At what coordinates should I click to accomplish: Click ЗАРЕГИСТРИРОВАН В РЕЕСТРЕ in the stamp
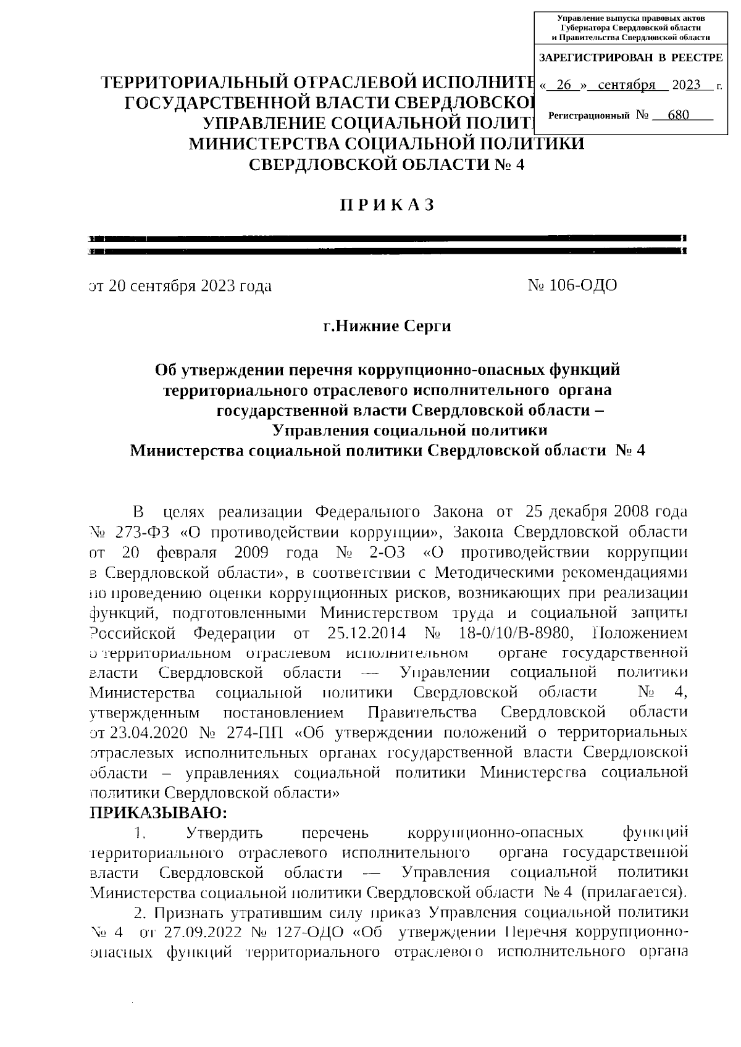[x=630, y=58]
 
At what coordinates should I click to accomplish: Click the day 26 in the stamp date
[x=564, y=85]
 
